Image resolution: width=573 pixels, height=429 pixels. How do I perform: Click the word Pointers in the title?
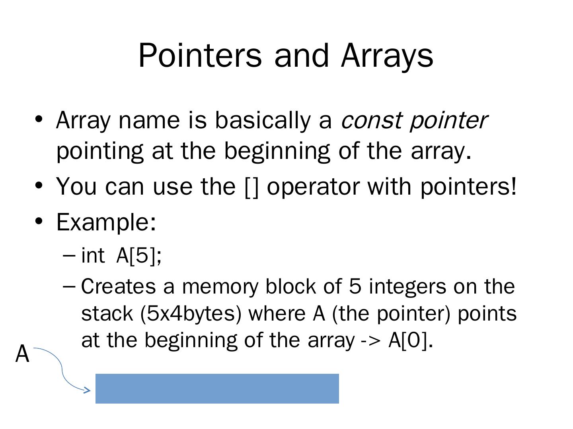200,56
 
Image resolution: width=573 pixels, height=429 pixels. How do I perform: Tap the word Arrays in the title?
387,56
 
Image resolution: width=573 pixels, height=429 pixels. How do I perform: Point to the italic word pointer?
448,121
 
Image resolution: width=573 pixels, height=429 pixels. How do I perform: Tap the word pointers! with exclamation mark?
468,187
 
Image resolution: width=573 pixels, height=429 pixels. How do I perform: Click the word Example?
106,222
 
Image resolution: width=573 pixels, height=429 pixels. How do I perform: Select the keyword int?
93,255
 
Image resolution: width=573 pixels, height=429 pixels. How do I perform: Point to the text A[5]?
139,255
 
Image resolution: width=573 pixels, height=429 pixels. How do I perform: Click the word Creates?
118,286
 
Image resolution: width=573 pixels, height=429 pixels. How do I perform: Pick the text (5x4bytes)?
191,314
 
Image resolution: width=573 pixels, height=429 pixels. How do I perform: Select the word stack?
107,313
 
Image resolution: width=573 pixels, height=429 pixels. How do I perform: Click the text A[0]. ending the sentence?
410,340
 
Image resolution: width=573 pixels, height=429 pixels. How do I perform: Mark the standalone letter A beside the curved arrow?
22,354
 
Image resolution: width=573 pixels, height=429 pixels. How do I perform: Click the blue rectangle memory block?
217,388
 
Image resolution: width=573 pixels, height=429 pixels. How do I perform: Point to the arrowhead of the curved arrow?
88,390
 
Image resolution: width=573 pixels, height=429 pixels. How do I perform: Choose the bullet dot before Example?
39,221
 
